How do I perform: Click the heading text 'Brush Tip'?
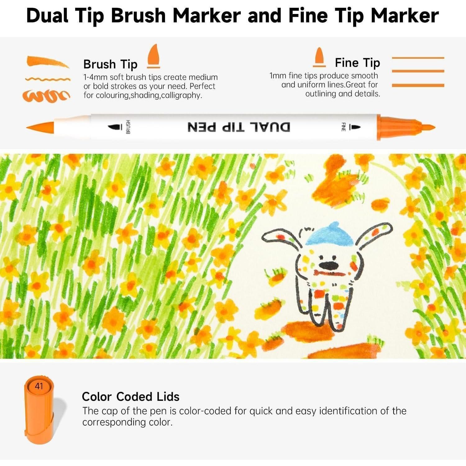tap(110, 64)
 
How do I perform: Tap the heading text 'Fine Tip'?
tap(357, 63)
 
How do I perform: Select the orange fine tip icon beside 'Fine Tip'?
tap(319, 57)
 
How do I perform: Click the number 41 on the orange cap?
tap(39, 386)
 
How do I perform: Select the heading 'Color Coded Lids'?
tap(130, 397)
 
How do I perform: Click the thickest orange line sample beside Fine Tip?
tap(418, 85)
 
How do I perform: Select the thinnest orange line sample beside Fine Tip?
tap(418, 58)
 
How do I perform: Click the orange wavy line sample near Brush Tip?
tap(48, 80)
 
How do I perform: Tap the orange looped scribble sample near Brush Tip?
tap(46, 96)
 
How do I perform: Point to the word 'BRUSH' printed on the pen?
tap(128, 127)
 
